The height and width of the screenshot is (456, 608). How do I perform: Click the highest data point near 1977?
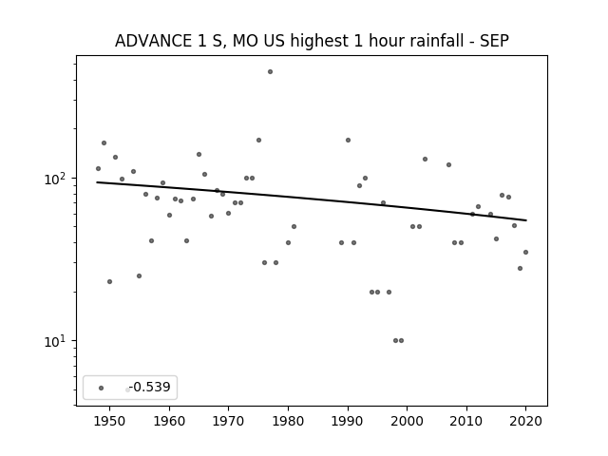point(270,72)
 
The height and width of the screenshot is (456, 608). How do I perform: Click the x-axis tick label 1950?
point(110,421)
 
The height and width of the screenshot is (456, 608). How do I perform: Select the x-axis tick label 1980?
point(288,421)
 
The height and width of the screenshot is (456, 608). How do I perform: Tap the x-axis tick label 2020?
point(525,421)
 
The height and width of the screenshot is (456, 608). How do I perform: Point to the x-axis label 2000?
point(408,421)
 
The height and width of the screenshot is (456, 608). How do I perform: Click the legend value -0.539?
point(150,387)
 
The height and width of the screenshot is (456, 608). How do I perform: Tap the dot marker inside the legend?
point(102,388)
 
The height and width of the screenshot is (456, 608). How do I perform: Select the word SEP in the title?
point(494,41)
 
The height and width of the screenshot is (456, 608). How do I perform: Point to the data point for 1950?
point(110,281)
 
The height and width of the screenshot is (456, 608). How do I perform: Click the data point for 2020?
point(525,252)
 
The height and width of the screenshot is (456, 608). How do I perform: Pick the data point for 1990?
point(349,140)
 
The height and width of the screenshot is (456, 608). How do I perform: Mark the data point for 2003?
point(425,159)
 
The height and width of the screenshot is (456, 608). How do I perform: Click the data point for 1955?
point(140,275)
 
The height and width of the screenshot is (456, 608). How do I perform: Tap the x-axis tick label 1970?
point(228,421)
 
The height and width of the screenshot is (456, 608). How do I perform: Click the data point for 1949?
point(104,143)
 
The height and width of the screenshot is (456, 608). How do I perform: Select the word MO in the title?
point(245,41)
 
